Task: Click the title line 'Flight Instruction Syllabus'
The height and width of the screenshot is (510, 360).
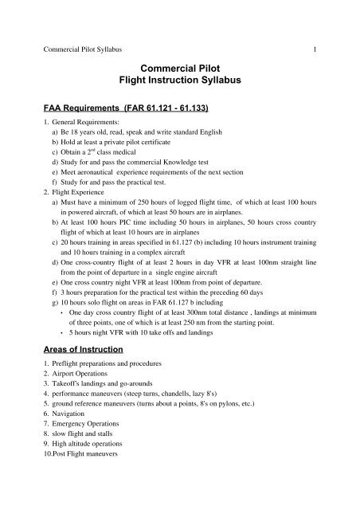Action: (x=180, y=82)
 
